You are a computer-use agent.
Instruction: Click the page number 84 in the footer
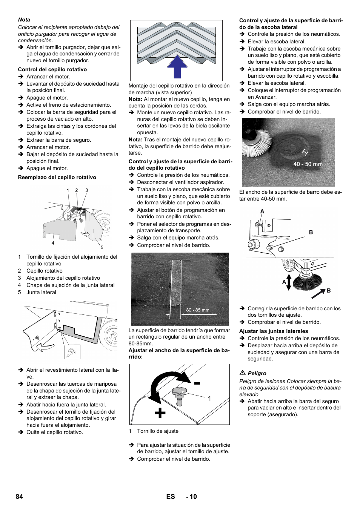pos(19,497)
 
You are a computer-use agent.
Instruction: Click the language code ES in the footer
pos(171,497)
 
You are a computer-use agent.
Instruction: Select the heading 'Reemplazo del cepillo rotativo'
pos(57,177)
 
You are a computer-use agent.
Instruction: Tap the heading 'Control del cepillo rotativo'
pos(52,69)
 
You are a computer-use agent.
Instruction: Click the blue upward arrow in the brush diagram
pos(177,67)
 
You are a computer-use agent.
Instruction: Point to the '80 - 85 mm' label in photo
pos(197,310)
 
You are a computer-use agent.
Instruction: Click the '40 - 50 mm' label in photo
pos(308,164)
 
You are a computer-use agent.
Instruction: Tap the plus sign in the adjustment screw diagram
pos(160,413)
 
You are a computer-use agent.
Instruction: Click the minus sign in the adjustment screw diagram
pos(197,383)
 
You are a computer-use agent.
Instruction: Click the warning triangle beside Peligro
pos(243,373)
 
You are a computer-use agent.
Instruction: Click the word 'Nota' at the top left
pos(24,20)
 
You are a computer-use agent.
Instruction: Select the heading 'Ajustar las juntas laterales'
pos(274,331)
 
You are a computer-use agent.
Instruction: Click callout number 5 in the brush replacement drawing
pos(102,247)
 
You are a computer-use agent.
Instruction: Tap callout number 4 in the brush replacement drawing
pos(53,243)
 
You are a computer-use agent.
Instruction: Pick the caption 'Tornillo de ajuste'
pos(158,431)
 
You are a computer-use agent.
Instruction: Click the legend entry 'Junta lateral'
pos(41,292)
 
